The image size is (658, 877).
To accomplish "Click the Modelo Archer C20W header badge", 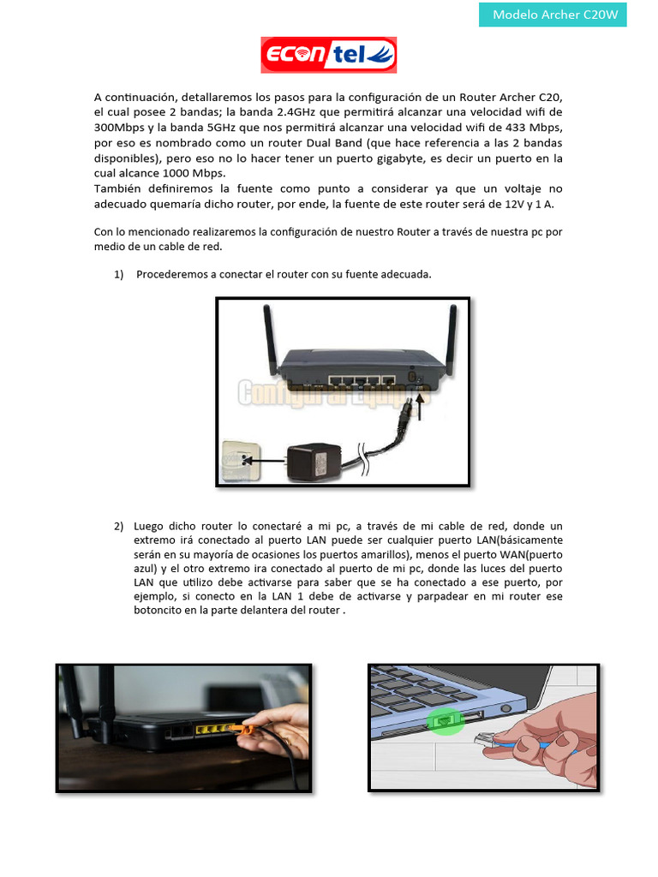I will [x=553, y=14].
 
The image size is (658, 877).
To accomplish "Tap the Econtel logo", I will [x=329, y=56].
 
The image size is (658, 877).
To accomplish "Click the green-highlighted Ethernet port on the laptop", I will [x=443, y=721].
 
